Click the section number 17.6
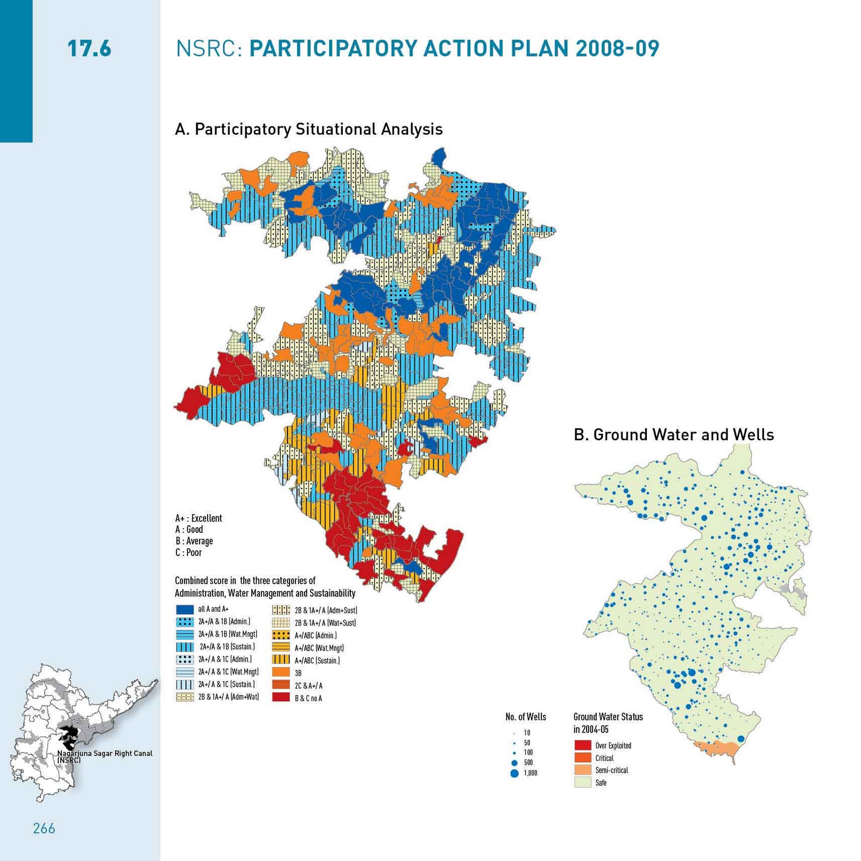[x=89, y=48]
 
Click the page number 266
[x=44, y=828]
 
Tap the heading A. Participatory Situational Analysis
[x=308, y=129]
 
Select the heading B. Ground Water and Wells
[x=674, y=435]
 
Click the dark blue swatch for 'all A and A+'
[x=185, y=609]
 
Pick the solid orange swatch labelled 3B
[x=281, y=673]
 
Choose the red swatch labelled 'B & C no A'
[x=281, y=697]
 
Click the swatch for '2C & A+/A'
[x=281, y=685]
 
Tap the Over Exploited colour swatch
[x=583, y=745]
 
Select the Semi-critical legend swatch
[x=583, y=770]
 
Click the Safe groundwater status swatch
[x=583, y=782]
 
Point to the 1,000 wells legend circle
[x=514, y=773]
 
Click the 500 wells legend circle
[x=514, y=763]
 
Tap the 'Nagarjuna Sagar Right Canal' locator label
[x=105, y=753]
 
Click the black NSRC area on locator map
[x=68, y=733]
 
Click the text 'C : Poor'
[x=188, y=553]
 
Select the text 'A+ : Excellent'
[x=198, y=518]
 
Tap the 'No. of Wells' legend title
[x=525, y=717]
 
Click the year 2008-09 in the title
[x=617, y=48]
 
